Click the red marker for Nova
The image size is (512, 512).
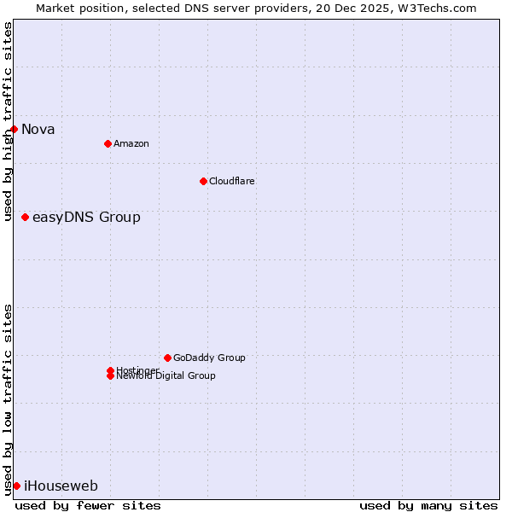(x=15, y=130)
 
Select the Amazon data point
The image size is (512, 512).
(x=108, y=143)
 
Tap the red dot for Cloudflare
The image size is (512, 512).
(x=203, y=181)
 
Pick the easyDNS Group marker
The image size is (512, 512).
(x=26, y=218)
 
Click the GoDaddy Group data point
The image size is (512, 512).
(x=167, y=358)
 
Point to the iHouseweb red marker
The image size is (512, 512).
(x=16, y=486)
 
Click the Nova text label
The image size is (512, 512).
(x=38, y=130)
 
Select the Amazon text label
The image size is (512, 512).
(x=131, y=143)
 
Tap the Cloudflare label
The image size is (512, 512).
(x=232, y=181)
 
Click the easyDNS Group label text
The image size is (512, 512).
(x=86, y=218)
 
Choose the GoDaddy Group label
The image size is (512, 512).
(x=209, y=358)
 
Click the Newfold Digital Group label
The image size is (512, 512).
(x=166, y=376)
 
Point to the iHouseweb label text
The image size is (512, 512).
(x=61, y=486)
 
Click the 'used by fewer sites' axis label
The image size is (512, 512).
(x=88, y=505)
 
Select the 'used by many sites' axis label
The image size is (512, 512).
(x=428, y=505)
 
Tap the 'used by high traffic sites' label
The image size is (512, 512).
(x=8, y=121)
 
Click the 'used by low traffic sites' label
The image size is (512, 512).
(x=8, y=399)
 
